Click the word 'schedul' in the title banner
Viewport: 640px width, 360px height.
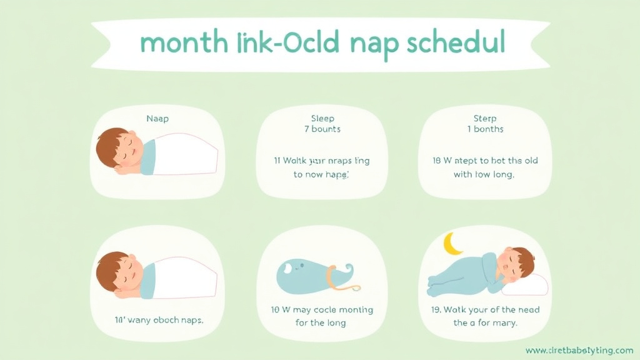click(x=455, y=44)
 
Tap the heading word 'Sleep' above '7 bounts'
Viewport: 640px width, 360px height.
click(x=322, y=118)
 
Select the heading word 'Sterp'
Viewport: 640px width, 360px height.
click(x=485, y=118)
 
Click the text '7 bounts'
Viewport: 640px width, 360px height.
click(x=322, y=129)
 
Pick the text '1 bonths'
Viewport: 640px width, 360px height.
click(x=485, y=129)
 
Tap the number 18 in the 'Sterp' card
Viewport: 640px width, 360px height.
click(x=437, y=161)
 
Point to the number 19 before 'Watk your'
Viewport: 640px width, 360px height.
click(x=436, y=310)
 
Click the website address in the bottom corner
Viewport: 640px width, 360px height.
click(x=579, y=350)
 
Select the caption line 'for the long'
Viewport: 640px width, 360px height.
click(x=321, y=323)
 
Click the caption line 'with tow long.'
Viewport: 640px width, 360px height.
click(x=484, y=174)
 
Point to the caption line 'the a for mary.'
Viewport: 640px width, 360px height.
click(x=485, y=323)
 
